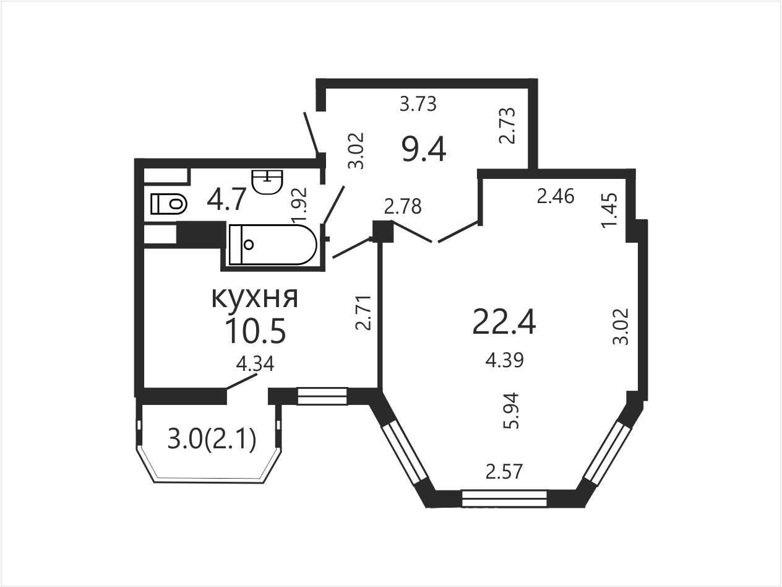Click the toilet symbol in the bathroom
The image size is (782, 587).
[169, 204]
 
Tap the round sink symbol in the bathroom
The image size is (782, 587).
[267, 182]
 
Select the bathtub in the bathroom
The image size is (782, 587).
[273, 245]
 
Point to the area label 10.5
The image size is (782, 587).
[256, 331]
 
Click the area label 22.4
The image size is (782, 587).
[504, 322]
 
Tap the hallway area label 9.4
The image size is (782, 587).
[424, 149]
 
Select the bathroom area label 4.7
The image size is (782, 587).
[226, 199]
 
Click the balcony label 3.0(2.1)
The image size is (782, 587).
[212, 440]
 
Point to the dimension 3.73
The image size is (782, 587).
[418, 105]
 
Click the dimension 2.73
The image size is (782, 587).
[507, 126]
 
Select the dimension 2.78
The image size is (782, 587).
[403, 206]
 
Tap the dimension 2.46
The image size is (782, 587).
[556, 196]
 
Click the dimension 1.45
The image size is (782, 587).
[609, 211]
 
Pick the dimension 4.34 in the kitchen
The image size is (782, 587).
[255, 364]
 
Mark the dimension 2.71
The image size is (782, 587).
[364, 313]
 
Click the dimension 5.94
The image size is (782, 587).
[510, 411]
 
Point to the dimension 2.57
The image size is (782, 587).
[504, 472]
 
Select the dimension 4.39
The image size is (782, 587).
[504, 360]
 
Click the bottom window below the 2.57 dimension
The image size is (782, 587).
[504, 498]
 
